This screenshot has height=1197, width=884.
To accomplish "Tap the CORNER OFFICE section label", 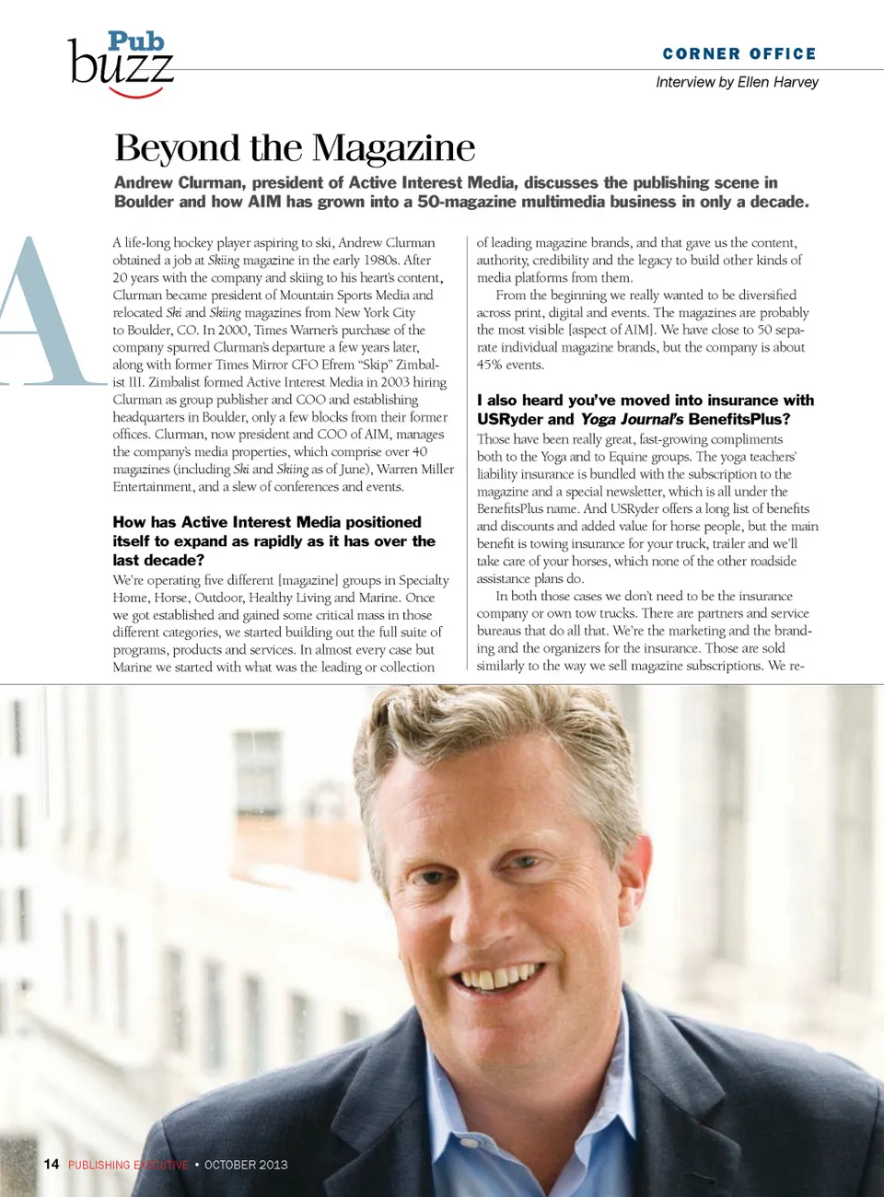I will tap(739, 53).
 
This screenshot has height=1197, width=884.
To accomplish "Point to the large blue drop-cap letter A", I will tap(41, 313).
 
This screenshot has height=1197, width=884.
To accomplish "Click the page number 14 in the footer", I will tap(52, 1164).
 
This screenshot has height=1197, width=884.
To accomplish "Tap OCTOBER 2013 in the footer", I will tap(246, 1165).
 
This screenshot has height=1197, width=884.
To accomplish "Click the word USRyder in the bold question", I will tap(510, 419).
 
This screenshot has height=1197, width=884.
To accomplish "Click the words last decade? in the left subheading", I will tap(158, 560).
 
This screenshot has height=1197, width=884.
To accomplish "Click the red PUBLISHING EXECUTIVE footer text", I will tap(128, 1165).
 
